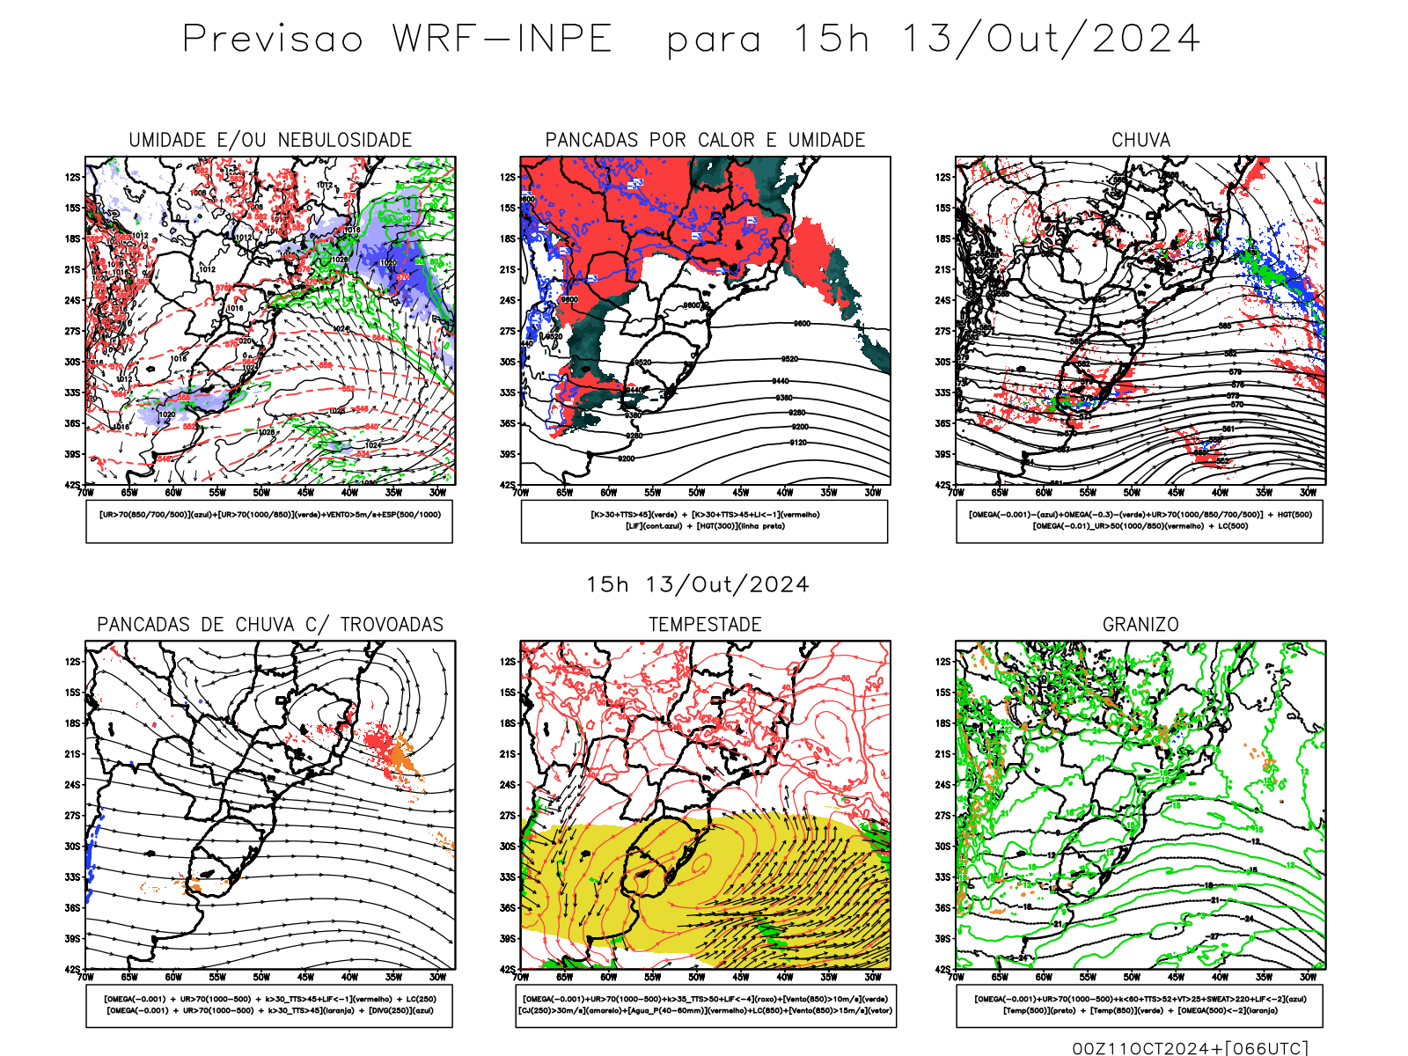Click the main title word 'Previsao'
273,40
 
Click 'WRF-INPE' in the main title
502,40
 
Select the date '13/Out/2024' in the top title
1051,40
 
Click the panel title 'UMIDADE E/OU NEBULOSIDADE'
270,140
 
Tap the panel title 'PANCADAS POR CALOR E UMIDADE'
705,140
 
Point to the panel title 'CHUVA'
1140,140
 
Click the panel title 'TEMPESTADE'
705,625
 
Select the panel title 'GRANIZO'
1140,625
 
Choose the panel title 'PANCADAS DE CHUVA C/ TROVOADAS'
270,625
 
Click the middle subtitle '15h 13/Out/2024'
698,585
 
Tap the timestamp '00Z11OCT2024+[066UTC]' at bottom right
1190,1048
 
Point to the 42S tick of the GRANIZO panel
943,970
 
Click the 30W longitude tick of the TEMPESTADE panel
873,977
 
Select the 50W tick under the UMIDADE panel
261,493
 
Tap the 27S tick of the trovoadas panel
72,816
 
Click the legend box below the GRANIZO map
1140,1005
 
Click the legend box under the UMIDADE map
269,521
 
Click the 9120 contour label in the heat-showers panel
797,443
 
